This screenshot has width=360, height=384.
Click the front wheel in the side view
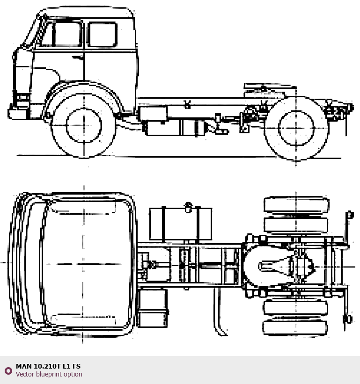tap(83, 125)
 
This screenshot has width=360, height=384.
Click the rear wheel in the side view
tap(296, 128)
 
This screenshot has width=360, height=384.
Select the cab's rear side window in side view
tap(102, 34)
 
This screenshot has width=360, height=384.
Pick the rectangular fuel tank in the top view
tap(180, 224)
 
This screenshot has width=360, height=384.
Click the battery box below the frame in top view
tap(153, 308)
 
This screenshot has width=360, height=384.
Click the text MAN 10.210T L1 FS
tap(48, 366)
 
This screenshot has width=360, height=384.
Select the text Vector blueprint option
tap(49, 374)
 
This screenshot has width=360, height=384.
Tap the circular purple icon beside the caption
tap(8, 370)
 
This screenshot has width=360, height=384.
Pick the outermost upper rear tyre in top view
tap(296, 205)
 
